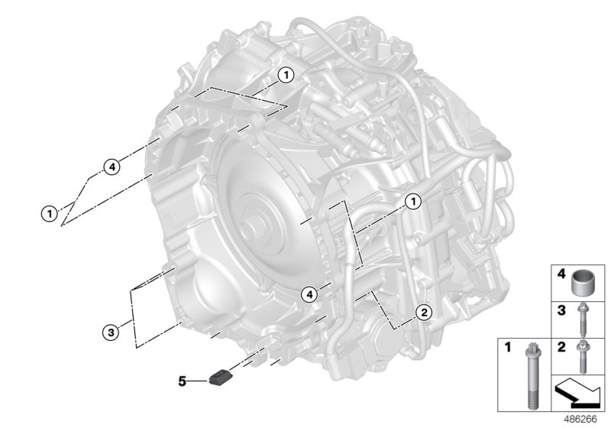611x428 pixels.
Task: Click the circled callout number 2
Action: pyautogui.click(x=424, y=312)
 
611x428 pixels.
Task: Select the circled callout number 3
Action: pyautogui.click(x=111, y=332)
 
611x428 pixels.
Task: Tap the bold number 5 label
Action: pyautogui.click(x=182, y=381)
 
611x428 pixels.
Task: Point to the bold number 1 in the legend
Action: pyautogui.click(x=507, y=346)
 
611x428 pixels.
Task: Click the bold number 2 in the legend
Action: pyautogui.click(x=561, y=346)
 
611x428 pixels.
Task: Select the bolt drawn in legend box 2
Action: pyautogui.click(x=583, y=356)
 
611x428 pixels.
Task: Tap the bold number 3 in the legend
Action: pyautogui.click(x=561, y=310)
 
